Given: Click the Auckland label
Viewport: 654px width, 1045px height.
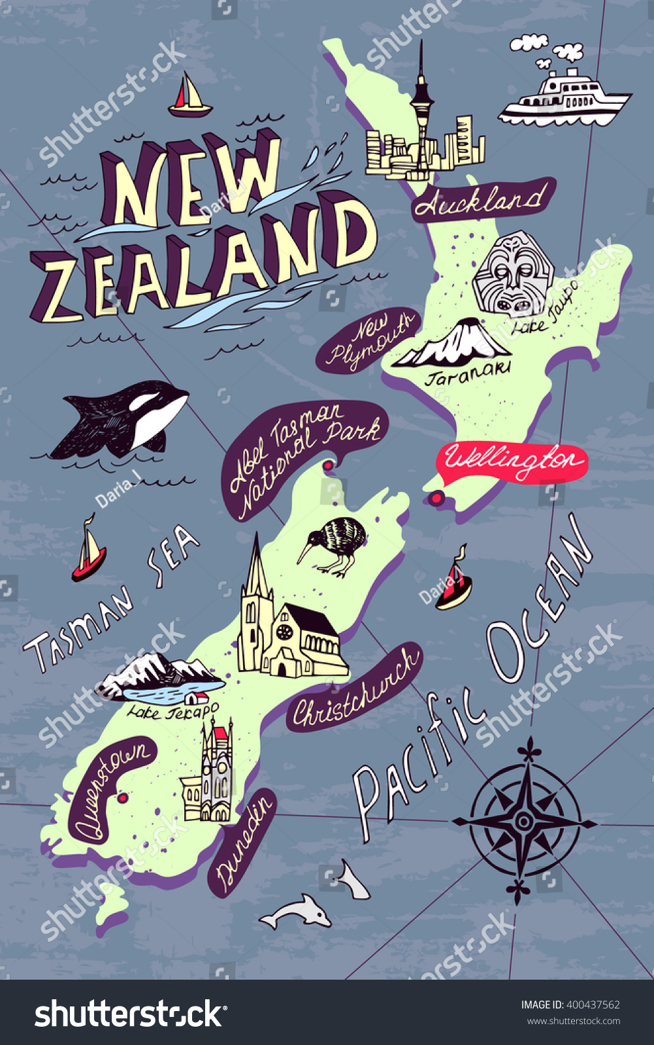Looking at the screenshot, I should [x=482, y=200].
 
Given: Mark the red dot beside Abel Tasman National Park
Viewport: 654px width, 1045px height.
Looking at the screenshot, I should [x=327, y=466].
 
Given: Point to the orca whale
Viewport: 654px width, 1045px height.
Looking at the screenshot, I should [x=124, y=418].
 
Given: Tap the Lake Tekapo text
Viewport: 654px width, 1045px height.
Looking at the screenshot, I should [x=172, y=711].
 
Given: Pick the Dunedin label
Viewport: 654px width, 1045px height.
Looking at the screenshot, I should [x=242, y=843].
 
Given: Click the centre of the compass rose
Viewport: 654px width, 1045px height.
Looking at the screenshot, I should [x=523, y=821].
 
